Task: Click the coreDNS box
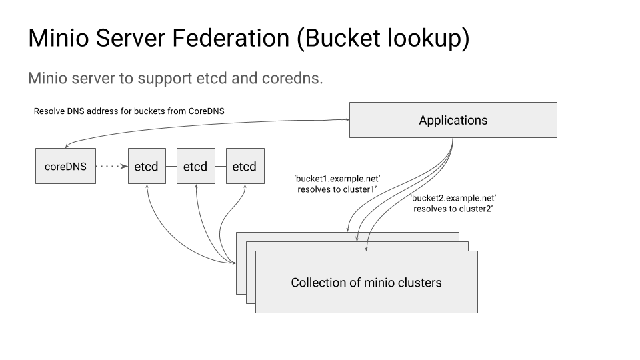[65, 167]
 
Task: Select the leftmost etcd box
[146, 167]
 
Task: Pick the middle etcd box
[195, 167]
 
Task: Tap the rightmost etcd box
[245, 167]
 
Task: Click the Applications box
[453, 121]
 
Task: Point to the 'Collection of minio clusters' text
[366, 283]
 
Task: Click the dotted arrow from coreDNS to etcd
[111, 167]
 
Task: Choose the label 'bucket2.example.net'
[453, 198]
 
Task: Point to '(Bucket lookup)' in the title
[383, 39]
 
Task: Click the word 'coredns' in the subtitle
[293, 78]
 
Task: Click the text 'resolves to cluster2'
[453, 209]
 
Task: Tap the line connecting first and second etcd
[171, 167]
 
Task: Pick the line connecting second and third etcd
[220, 167]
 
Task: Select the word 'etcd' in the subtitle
[213, 78]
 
